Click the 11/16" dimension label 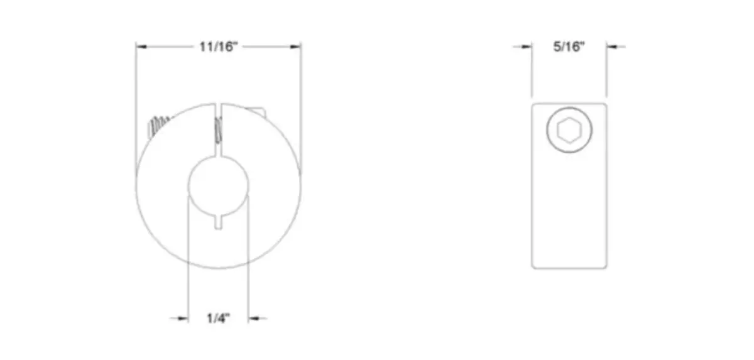[219, 46]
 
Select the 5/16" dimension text [569, 46]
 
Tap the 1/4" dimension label [218, 318]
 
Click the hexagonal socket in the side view [569, 130]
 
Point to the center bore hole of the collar [219, 186]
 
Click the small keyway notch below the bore [219, 223]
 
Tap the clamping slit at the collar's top [218, 129]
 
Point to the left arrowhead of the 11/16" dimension [142, 46]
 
